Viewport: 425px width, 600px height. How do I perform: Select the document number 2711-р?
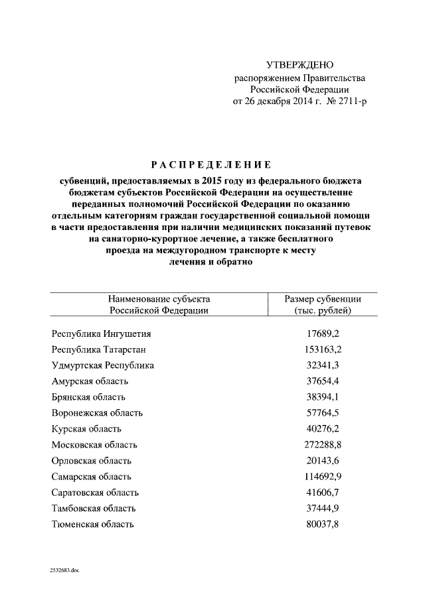[x=349, y=101]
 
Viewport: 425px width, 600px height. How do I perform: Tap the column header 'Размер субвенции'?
[x=322, y=299]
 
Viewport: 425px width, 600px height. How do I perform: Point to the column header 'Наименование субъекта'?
[x=159, y=299]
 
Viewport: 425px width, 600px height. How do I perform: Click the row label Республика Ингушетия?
[x=101, y=333]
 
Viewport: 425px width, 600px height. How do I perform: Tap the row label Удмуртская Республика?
[x=103, y=365]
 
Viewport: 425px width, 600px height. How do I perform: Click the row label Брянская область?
[x=88, y=397]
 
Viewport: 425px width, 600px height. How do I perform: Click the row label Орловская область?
[x=91, y=461]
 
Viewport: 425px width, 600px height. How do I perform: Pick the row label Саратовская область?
[x=95, y=493]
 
